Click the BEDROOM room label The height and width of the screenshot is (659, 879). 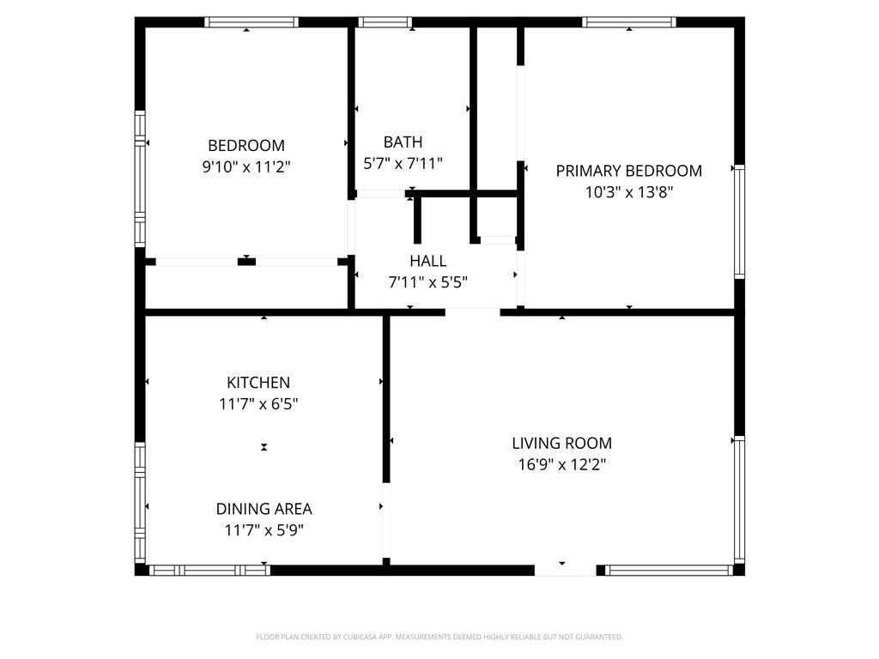[x=246, y=146]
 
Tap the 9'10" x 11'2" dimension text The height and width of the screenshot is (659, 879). [x=246, y=167]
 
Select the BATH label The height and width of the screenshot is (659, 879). [x=403, y=142]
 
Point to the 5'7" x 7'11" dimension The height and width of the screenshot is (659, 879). [x=403, y=164]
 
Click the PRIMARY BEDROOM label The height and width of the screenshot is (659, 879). [x=629, y=171]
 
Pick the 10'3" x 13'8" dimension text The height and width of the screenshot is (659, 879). [x=629, y=192]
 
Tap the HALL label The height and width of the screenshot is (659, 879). [x=428, y=261]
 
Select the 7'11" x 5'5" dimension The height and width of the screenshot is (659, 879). [x=428, y=282]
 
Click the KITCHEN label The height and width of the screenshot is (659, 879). [x=258, y=383]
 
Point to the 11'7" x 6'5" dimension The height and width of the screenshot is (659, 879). [x=258, y=404]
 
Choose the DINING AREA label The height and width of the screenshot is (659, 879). [x=264, y=509]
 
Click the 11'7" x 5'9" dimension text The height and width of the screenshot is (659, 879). [x=264, y=530]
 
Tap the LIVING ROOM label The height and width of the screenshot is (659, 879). [x=561, y=444]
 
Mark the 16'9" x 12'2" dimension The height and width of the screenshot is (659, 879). [x=561, y=464]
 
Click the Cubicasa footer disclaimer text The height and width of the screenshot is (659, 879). [x=439, y=638]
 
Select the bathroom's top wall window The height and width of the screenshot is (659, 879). [x=385, y=22]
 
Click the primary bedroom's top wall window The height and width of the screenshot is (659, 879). [x=629, y=22]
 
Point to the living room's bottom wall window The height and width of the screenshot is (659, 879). [x=669, y=571]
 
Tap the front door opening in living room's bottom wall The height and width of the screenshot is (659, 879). [x=565, y=571]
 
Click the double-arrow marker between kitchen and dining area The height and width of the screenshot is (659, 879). [x=264, y=447]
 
